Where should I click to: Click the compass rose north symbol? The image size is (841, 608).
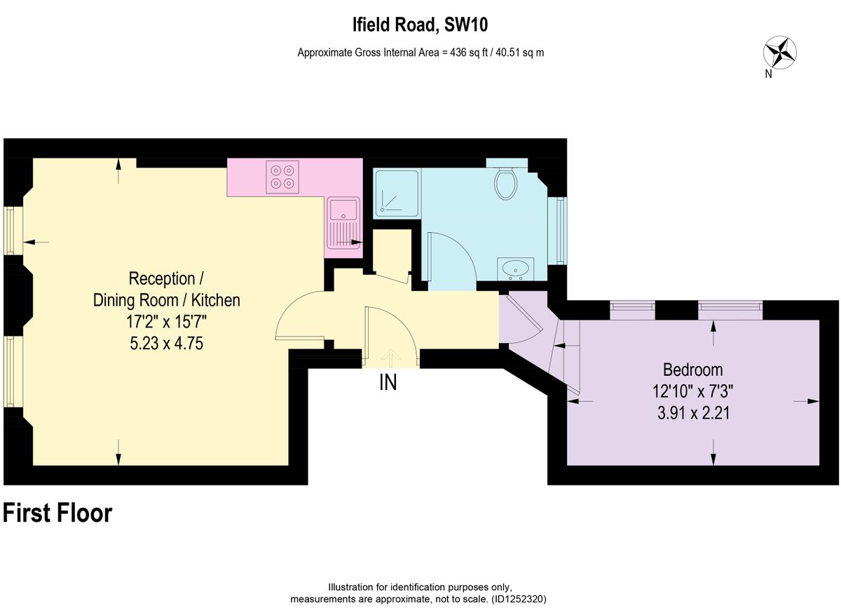click(779, 53)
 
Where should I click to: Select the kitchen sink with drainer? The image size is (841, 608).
click(343, 223)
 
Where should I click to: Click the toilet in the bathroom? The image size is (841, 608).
click(505, 182)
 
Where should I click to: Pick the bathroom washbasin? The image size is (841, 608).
click(517, 268)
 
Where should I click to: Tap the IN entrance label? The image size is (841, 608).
click(388, 383)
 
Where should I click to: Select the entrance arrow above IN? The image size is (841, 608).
click(390, 358)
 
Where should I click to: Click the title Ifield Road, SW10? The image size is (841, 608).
click(420, 26)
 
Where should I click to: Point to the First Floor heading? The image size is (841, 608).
click(57, 513)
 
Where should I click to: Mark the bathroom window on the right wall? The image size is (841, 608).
click(561, 230)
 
